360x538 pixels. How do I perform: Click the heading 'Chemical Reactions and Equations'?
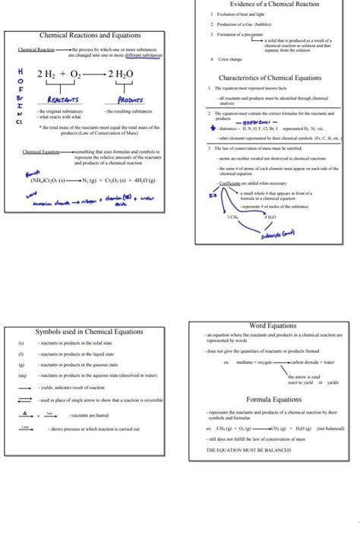click(90, 36)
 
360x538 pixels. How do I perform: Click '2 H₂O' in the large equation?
click(121, 73)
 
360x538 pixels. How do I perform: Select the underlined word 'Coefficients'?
click(230, 184)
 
